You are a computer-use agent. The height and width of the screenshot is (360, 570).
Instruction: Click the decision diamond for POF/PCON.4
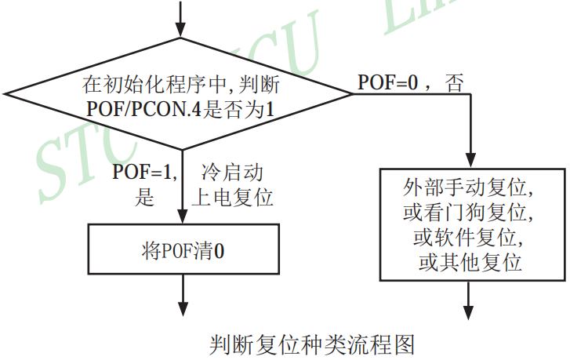[x=183, y=93]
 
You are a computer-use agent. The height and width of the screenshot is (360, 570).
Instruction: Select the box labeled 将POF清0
[x=183, y=251]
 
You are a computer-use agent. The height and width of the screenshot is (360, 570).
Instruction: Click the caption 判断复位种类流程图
[x=311, y=344]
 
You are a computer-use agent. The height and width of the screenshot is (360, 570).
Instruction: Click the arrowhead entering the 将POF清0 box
[x=183, y=219]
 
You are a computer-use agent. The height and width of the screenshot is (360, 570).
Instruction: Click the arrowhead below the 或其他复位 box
[x=470, y=313]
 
